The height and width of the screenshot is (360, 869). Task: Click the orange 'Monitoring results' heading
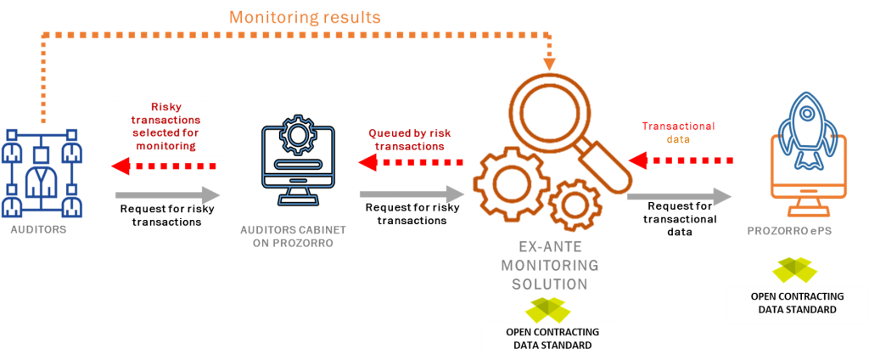[305, 16]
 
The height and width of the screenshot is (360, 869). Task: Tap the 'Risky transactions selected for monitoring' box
[166, 126]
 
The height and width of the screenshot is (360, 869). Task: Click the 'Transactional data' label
[678, 132]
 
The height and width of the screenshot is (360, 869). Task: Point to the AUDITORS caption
[38, 230]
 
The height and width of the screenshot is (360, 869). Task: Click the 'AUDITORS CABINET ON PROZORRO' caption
[293, 236]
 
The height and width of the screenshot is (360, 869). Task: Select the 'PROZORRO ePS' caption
[785, 230]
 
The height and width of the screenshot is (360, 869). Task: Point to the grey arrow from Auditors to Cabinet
[166, 195]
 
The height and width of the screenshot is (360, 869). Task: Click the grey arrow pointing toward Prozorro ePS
[679, 196]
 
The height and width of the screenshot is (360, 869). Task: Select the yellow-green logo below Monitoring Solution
[548, 310]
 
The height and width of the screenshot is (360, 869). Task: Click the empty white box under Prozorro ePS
[796, 305]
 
